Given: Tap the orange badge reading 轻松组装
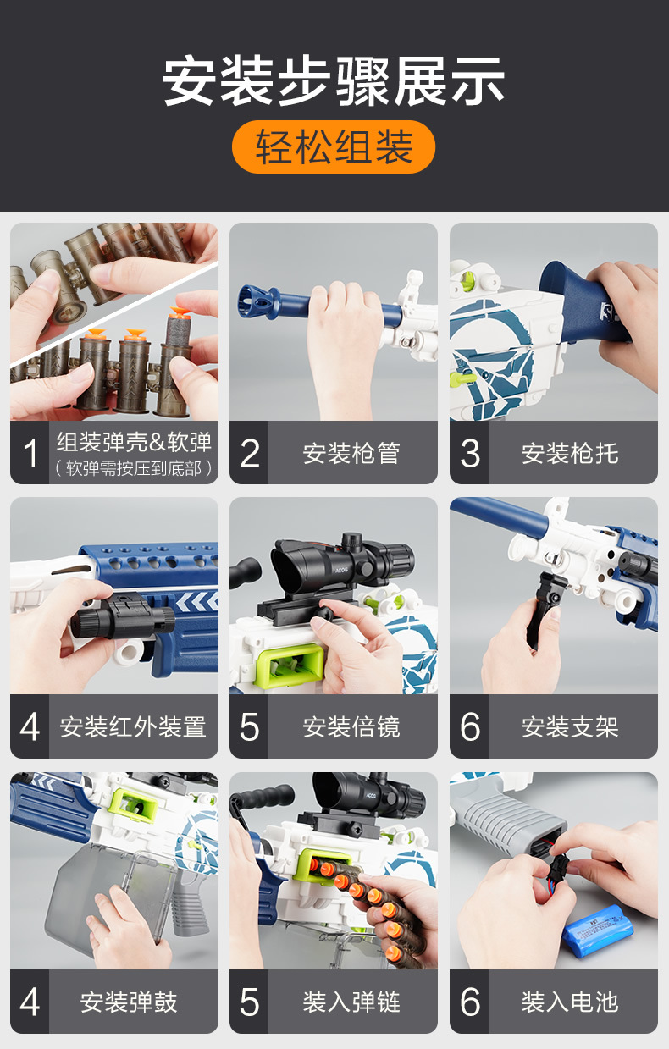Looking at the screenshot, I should click(334, 146).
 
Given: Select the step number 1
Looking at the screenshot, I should click(30, 453).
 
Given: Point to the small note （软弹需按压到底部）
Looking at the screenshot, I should click(134, 468).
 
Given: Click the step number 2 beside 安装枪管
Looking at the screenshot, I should click(249, 453).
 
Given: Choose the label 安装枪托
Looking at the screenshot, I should click(570, 453).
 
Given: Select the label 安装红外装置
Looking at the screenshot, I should click(133, 726).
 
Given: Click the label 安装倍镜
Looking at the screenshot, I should click(351, 726).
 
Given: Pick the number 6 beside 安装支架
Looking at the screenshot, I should click(469, 726).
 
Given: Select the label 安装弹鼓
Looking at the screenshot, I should click(129, 1002).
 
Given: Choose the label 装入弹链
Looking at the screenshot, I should click(351, 1002).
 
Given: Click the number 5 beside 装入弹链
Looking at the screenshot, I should click(249, 1002).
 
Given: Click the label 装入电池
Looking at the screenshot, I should click(570, 1002).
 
